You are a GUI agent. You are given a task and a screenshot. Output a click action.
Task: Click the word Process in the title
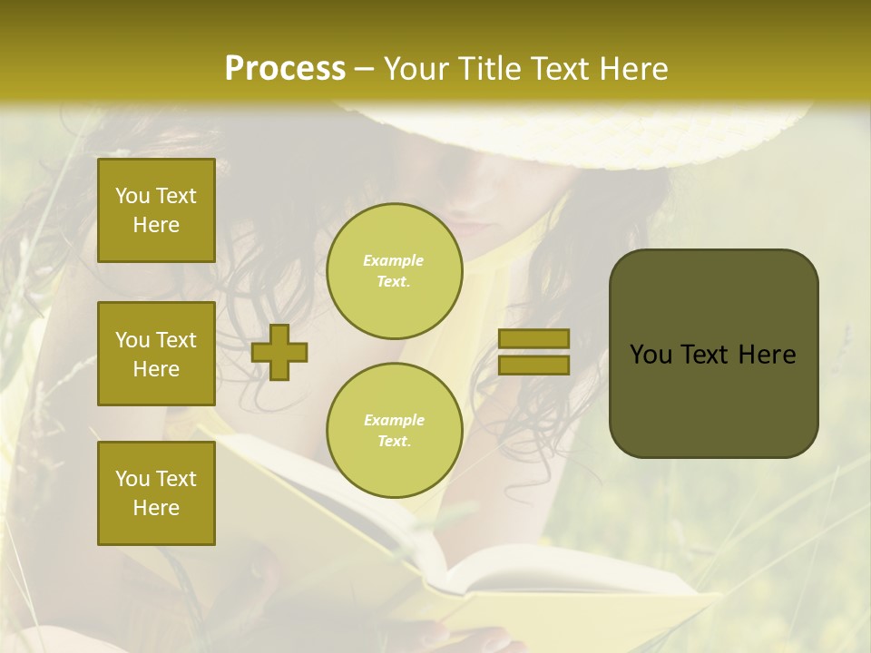[285, 69]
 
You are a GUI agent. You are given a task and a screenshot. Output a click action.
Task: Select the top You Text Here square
[156, 210]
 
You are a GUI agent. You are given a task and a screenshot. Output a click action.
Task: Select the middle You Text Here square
[156, 354]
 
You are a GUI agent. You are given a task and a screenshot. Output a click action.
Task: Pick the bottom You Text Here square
[156, 493]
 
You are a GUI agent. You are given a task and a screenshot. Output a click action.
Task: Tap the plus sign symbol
[279, 352]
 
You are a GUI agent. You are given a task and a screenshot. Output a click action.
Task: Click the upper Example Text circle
[394, 271]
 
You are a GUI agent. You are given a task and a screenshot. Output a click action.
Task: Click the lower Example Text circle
[394, 431]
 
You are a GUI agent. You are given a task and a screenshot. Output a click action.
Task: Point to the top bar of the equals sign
[533, 338]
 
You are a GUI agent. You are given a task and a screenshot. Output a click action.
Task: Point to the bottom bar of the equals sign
[533, 365]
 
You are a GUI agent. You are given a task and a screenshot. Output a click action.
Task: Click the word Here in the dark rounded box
[767, 355]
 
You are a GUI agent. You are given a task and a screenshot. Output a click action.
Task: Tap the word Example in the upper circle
[394, 260]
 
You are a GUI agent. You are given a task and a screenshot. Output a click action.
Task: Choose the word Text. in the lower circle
[394, 442]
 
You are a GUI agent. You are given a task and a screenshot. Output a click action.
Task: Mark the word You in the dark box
[651, 355]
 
